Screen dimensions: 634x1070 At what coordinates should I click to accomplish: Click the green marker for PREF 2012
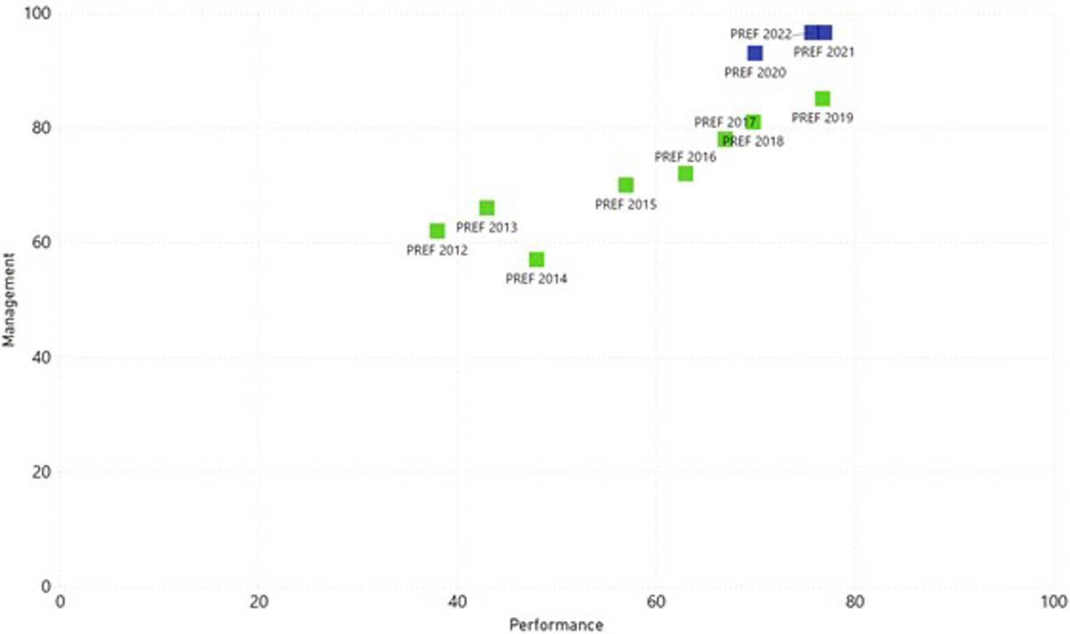coord(437,231)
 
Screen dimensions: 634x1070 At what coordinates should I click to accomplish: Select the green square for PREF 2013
coord(487,208)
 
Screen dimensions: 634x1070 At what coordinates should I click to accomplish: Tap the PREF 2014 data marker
coord(537,259)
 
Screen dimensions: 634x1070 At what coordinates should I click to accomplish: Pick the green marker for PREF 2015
coord(626,185)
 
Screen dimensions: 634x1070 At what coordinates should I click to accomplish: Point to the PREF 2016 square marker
coord(685,174)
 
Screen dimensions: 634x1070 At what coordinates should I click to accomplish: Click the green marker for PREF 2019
coord(823,99)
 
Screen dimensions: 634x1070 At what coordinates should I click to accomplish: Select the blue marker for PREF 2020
coord(755,54)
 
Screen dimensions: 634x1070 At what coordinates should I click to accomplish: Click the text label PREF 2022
coord(760,34)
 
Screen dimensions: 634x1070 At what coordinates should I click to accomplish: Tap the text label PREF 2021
coord(823,52)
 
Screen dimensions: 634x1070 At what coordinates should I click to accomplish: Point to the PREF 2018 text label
coord(753,141)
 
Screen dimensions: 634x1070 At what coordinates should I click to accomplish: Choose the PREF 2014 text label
coord(536,279)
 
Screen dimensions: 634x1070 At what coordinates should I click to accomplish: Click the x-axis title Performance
coord(556,625)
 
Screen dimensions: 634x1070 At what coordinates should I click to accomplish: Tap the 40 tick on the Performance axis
coord(456,602)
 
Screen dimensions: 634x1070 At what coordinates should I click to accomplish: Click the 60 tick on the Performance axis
coord(655,602)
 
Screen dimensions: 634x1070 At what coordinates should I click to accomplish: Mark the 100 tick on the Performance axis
coord(1054,602)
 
